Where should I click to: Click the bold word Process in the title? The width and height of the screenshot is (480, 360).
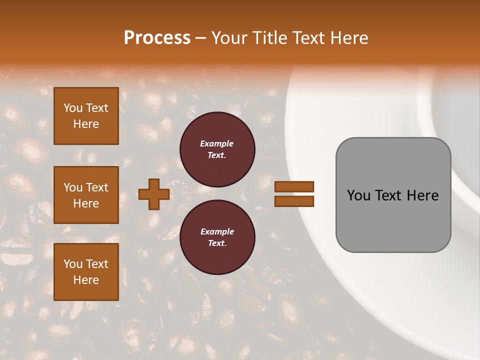(x=157, y=38)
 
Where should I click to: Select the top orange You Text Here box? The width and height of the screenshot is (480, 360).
(x=86, y=116)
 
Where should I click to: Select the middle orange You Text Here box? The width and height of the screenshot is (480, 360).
(x=86, y=195)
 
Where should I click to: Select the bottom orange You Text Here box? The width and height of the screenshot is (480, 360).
(x=86, y=272)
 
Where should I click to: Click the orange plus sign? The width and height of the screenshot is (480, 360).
(x=153, y=194)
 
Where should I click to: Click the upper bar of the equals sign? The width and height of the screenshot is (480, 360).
(x=294, y=186)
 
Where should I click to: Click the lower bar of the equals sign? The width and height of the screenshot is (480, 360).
(x=294, y=201)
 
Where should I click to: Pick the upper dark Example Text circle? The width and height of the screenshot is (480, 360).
(x=217, y=149)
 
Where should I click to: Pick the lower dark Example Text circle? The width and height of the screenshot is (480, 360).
(x=217, y=237)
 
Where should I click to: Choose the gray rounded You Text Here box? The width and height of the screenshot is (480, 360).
(x=393, y=194)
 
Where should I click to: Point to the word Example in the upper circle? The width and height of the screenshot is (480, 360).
(x=217, y=143)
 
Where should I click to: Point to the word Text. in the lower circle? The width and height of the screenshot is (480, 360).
(x=217, y=243)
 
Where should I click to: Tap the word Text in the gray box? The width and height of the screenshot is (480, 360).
(x=388, y=195)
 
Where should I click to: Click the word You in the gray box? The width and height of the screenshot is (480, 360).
(x=358, y=195)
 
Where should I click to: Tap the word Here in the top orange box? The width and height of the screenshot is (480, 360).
(x=86, y=124)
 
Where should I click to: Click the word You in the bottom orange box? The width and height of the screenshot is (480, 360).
(x=73, y=264)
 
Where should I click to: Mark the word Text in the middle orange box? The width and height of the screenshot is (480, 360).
(x=97, y=187)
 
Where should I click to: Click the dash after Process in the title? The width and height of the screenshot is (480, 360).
(x=200, y=38)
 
